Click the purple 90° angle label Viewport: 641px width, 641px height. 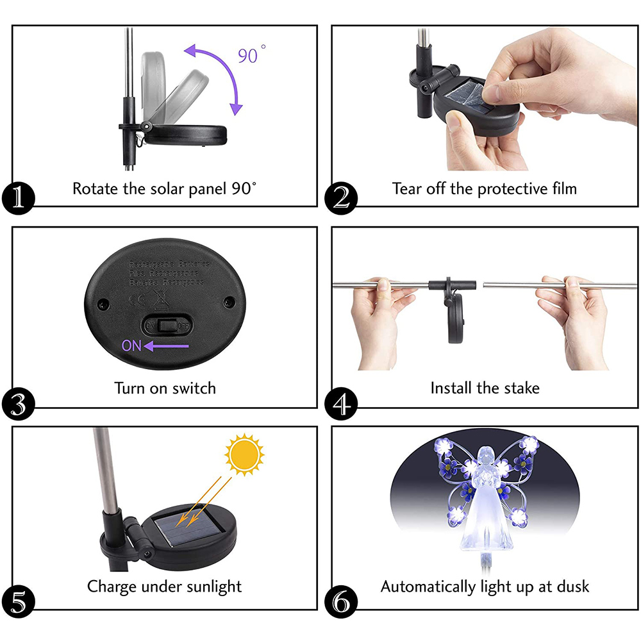coord(252,55)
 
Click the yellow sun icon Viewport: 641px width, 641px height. coord(244,454)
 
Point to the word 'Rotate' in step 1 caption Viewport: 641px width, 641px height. coord(94,188)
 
